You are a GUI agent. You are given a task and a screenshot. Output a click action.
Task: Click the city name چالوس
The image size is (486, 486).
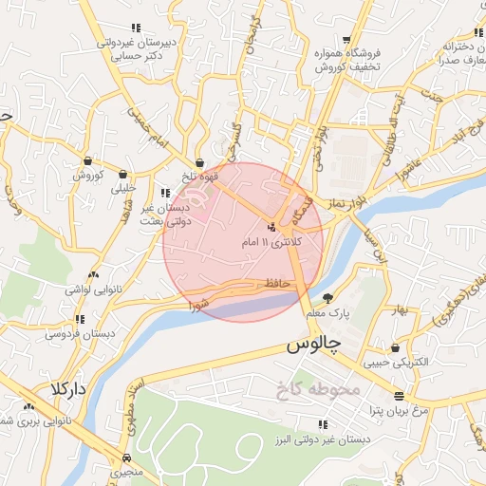tap(316, 348)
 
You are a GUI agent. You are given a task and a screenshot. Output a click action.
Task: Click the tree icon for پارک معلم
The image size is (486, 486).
tap(328, 297)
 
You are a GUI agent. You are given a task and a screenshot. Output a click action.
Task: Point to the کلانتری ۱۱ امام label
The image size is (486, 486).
tap(272, 244)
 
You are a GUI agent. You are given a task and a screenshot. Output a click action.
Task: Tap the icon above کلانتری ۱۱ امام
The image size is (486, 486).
tap(272, 228)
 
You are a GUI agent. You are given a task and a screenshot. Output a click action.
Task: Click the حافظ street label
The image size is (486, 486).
tap(277, 283)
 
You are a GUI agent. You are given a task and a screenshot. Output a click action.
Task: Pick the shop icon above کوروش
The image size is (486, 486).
tap(88, 160)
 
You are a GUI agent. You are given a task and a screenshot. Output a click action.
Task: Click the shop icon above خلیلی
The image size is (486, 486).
tap(123, 174)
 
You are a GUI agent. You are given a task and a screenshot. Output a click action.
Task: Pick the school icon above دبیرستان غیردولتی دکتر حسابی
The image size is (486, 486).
tap(135, 28)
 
